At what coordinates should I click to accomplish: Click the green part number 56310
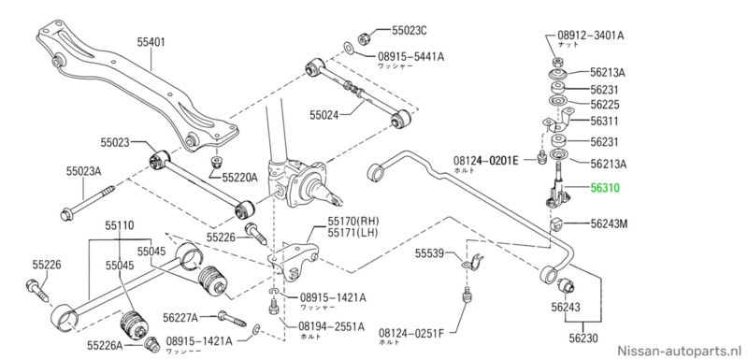point(605,188)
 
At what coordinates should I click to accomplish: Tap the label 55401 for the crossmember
point(151,42)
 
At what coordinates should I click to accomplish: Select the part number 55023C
point(410,31)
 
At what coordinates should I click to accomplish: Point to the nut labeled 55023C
point(363,37)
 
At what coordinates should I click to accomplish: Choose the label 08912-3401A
point(591,36)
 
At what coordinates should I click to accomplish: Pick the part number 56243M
point(610,223)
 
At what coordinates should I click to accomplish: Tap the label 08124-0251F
point(410,332)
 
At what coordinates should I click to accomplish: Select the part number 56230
point(583,339)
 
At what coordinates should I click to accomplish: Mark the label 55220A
point(239,178)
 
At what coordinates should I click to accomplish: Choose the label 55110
point(120,225)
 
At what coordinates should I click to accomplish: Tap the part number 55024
point(324,114)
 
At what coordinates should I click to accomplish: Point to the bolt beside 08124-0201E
point(541,157)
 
